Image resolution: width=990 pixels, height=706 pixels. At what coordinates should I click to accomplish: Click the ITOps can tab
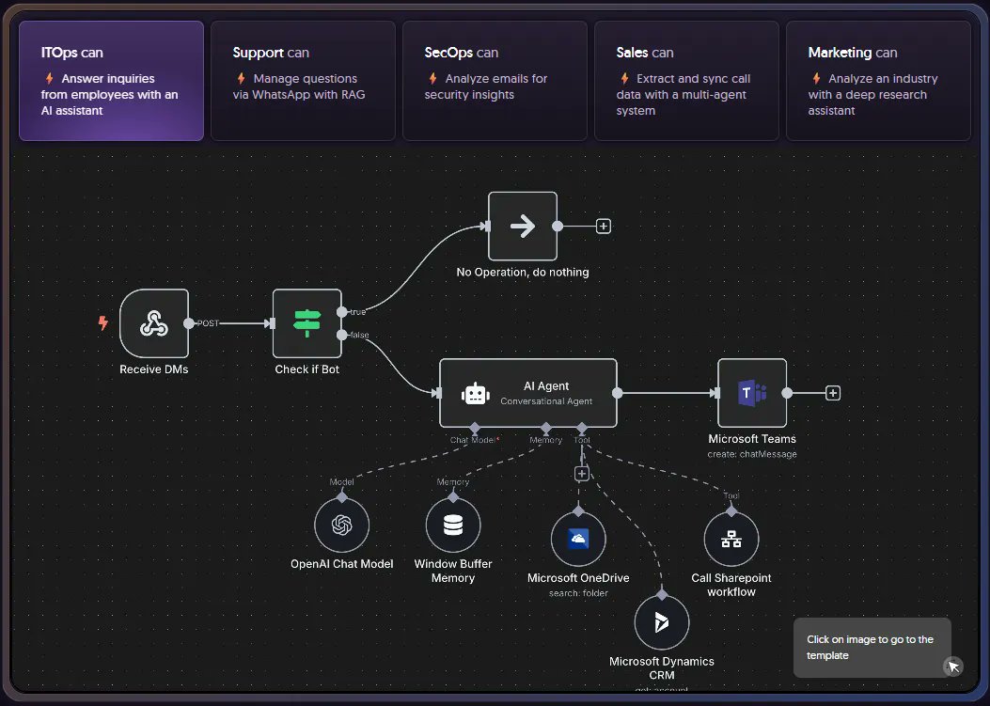(111, 81)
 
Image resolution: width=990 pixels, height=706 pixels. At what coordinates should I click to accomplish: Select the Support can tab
(303, 81)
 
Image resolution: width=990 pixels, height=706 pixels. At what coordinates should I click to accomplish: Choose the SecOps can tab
(495, 81)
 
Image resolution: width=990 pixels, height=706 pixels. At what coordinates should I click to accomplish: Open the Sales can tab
(686, 81)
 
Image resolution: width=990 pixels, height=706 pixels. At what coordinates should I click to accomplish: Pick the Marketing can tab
(878, 81)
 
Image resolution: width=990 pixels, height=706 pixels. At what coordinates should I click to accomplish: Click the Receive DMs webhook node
(154, 323)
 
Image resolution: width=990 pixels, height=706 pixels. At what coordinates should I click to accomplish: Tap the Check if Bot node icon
(307, 323)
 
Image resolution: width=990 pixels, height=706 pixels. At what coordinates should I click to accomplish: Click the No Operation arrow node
(523, 227)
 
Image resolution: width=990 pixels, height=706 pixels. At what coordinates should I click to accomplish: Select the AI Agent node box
(528, 393)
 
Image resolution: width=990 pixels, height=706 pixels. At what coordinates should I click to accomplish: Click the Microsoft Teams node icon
(752, 393)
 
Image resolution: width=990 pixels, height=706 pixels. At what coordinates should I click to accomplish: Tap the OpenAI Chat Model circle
(341, 526)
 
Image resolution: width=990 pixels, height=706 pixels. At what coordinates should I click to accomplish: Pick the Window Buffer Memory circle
(453, 526)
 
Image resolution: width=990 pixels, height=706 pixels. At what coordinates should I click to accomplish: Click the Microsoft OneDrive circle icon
(578, 539)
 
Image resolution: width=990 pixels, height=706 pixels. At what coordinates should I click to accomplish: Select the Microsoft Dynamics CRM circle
(662, 622)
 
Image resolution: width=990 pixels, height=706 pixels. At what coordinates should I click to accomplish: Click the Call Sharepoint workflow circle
(731, 540)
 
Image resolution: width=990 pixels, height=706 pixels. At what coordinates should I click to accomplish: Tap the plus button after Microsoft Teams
(833, 393)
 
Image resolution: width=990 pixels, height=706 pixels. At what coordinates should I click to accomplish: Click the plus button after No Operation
(605, 227)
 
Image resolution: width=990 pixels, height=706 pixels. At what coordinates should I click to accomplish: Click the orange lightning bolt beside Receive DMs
(103, 323)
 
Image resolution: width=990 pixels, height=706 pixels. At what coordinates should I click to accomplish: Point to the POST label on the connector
(208, 323)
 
